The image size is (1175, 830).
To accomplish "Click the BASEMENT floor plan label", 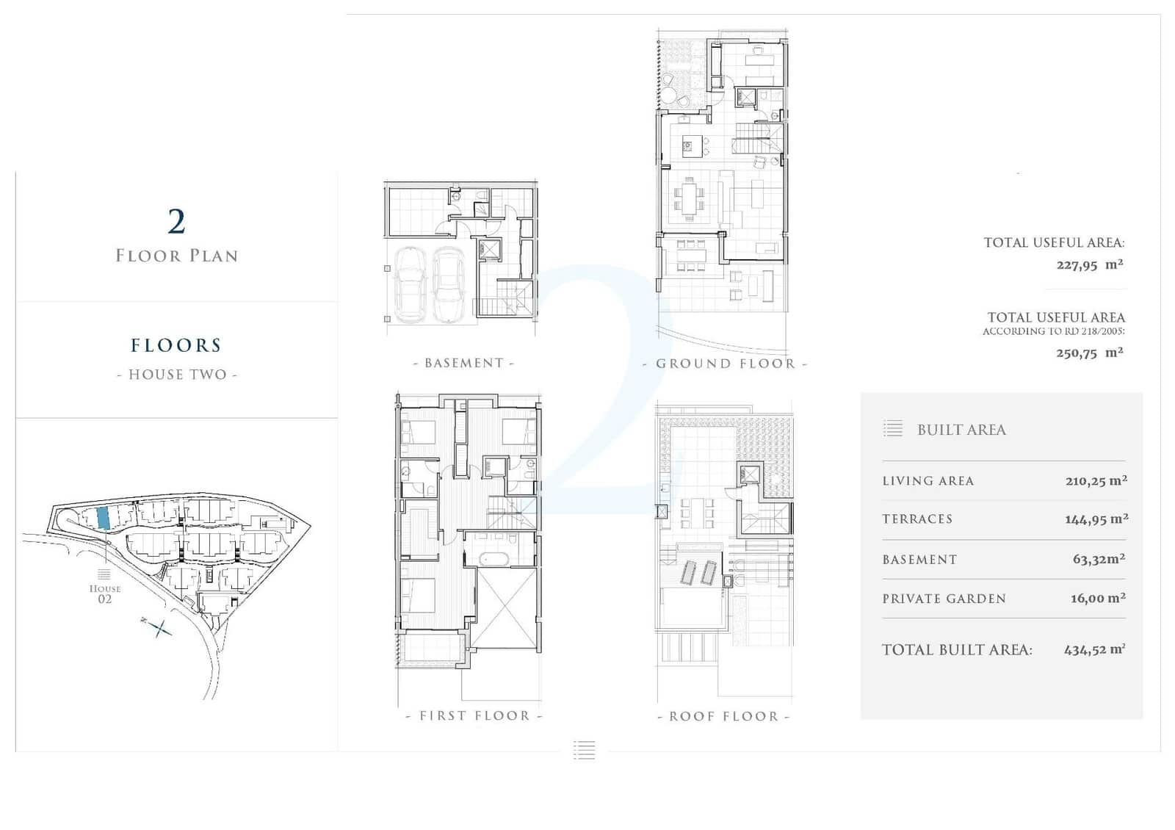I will coord(464,363).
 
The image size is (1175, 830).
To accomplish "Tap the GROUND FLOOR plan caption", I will coord(725,364).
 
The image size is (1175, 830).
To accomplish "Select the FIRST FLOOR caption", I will coord(474,715).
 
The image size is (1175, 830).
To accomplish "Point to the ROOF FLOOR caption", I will coord(723,716).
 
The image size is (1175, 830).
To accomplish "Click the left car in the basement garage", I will coord(410,285).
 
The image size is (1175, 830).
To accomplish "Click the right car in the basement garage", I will coord(449,285).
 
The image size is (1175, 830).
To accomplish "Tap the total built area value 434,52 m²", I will coord(1094,649).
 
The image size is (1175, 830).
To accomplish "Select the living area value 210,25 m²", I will coord(1096,481).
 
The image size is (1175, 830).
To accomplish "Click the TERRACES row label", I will coord(917,519).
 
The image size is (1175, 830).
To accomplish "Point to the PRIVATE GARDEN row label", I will coord(944,599).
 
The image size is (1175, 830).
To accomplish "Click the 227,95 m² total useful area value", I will coord(1089,264).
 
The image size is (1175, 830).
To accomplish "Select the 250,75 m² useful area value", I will coord(1089,353).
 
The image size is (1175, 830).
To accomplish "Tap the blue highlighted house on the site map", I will coord(104,518).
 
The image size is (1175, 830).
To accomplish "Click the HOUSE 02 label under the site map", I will coord(104,593).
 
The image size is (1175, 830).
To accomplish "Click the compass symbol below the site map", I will coord(159,627).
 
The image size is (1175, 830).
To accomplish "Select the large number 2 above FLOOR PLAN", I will coord(176,221).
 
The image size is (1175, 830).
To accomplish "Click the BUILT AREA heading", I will coord(961,430).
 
